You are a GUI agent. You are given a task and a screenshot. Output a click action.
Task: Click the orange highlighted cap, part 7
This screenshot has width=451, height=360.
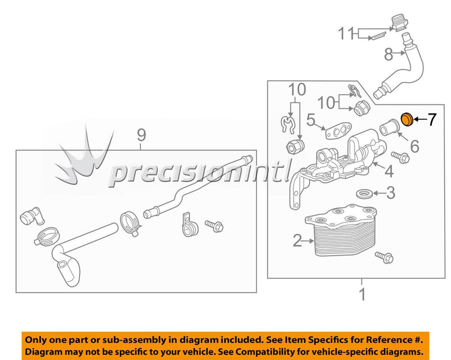(x=406, y=119)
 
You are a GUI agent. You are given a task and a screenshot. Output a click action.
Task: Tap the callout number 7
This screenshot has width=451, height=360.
(x=431, y=119)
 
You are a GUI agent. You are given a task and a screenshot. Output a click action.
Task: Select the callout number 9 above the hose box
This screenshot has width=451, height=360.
(x=141, y=135)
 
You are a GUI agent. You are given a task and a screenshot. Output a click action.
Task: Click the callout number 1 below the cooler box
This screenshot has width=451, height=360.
(x=362, y=294)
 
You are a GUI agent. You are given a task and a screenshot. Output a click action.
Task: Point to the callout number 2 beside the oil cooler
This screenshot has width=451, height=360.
(x=297, y=241)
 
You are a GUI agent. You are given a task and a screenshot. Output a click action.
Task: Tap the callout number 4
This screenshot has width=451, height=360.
(x=390, y=169)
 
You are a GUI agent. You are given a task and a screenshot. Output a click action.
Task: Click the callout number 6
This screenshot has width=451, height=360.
(x=414, y=147)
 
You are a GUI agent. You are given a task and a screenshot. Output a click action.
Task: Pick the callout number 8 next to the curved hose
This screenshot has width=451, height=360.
(x=388, y=55)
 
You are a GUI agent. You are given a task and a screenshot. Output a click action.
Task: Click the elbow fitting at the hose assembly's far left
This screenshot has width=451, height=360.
(x=30, y=217)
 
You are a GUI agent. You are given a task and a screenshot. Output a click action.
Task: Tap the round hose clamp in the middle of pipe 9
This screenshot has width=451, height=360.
(x=129, y=223)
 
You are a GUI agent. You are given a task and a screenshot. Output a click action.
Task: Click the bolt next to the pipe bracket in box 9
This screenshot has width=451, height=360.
(x=214, y=226)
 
